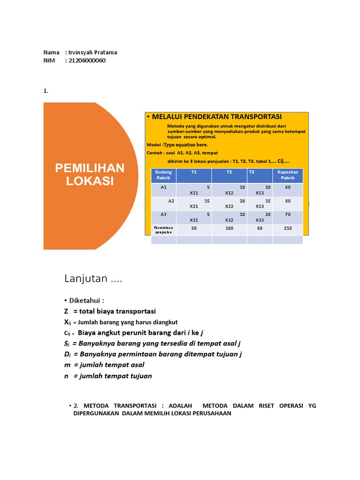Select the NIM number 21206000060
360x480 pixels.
click(x=87, y=60)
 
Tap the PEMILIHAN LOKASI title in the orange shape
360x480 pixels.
click(x=90, y=174)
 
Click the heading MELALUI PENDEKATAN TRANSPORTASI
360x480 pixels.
click(x=217, y=117)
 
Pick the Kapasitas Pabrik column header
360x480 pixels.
click(x=287, y=175)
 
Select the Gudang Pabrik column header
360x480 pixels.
click(x=163, y=175)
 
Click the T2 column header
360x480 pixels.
click(x=229, y=172)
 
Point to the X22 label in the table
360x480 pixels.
click(x=229, y=206)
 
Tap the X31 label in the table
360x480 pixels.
click(x=194, y=220)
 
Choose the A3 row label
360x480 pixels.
click(x=164, y=215)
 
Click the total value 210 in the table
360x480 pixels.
click(x=287, y=228)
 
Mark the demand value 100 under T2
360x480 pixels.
click(x=229, y=228)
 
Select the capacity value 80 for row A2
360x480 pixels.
click(x=287, y=201)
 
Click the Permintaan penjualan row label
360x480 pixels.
click(x=163, y=230)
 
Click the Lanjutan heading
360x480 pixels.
click(x=93, y=279)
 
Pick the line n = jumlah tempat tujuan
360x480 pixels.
click(x=108, y=376)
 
